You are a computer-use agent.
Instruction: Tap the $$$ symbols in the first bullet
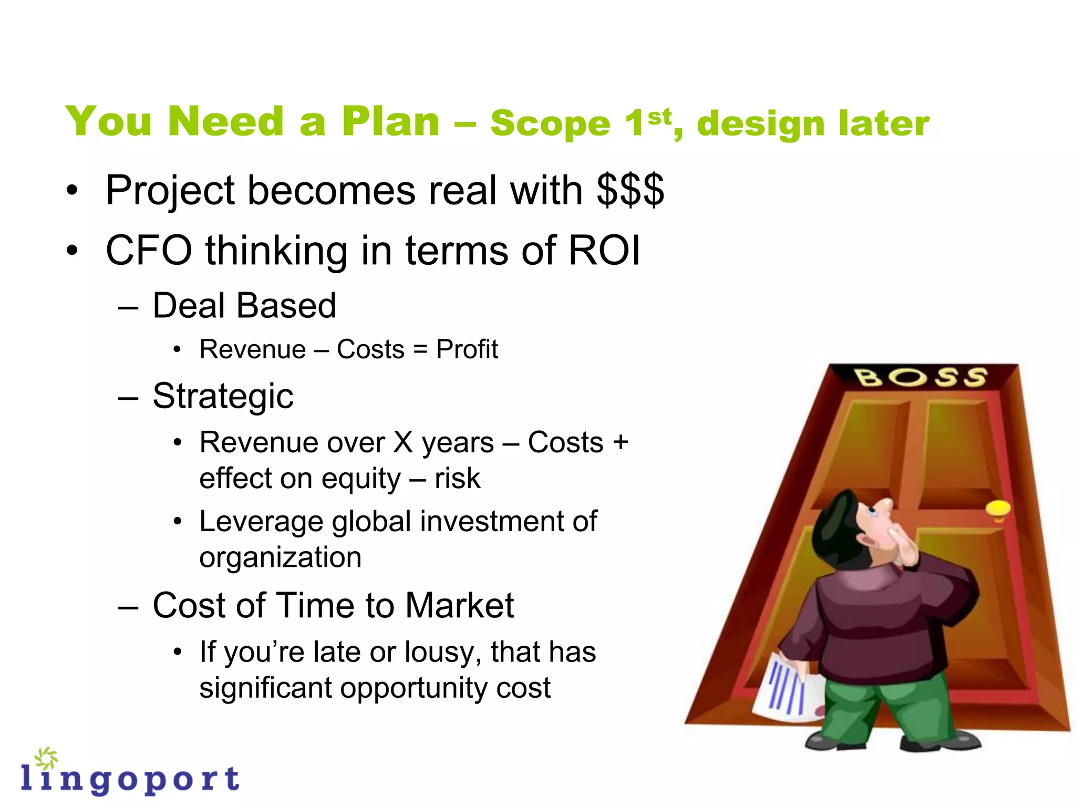point(630,190)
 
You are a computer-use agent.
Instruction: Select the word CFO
point(149,251)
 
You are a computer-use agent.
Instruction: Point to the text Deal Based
point(244,306)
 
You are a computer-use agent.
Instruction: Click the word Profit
point(467,350)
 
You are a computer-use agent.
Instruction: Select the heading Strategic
point(223,396)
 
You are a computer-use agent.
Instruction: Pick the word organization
point(280,557)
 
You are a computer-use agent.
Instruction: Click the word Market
point(459,606)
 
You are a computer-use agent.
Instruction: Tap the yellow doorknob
point(998,509)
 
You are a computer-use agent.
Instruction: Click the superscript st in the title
point(659,117)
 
